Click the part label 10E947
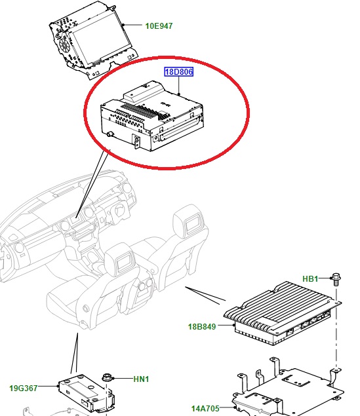[159, 26]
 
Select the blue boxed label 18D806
[178, 71]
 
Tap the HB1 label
[310, 279]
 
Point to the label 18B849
[202, 327]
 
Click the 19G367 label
[24, 388]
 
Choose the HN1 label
[141, 379]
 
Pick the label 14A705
[205, 409]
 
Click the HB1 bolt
[336, 280]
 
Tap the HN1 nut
[107, 378]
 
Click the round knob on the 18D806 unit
[110, 134]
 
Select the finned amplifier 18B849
[282, 313]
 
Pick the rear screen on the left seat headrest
[124, 263]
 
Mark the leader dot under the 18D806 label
[179, 94]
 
